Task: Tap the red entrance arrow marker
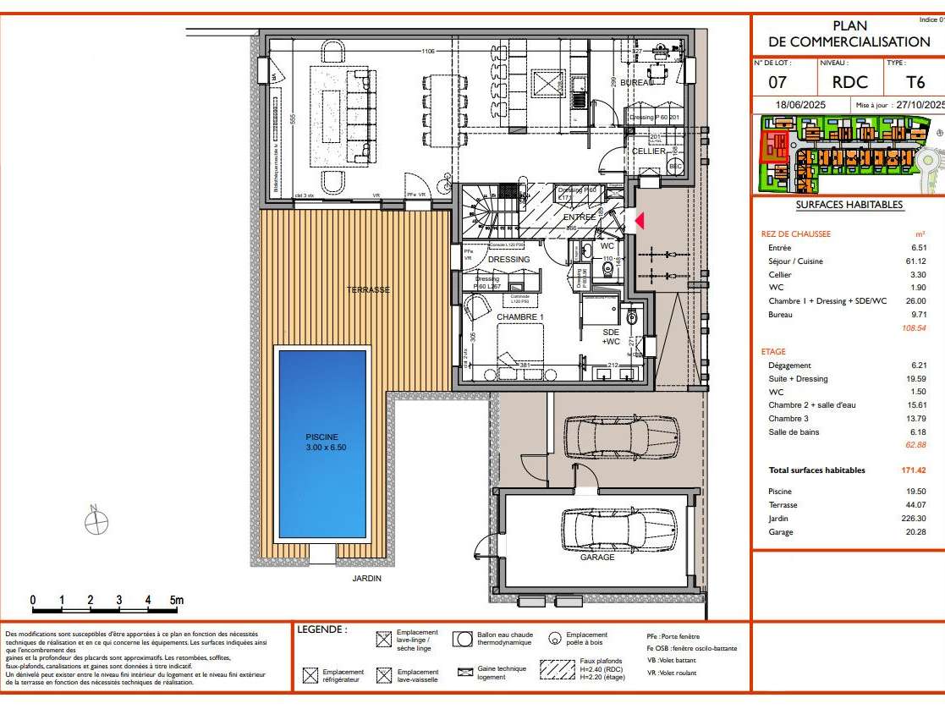pos(640,221)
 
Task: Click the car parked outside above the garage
pos(609,437)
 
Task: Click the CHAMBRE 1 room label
pos(519,316)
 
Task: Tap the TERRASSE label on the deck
pos(368,290)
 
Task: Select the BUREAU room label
pos(636,83)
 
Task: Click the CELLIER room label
pos(649,151)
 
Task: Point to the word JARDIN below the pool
pos(367,579)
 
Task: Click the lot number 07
pos(777,83)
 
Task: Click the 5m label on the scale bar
pos(177,600)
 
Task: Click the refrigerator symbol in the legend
pos(310,676)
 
